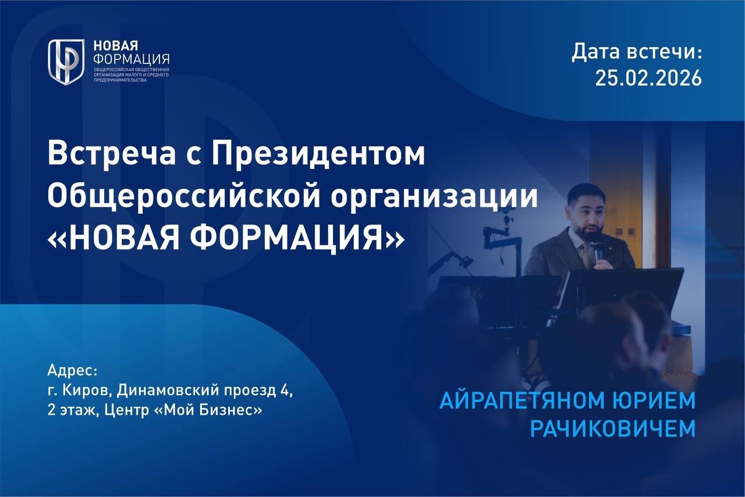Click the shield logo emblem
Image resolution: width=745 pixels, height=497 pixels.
[x=66, y=62]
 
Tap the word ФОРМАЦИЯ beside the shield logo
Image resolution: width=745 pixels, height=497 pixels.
[x=132, y=59]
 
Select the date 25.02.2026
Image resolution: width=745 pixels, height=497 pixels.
[x=648, y=78]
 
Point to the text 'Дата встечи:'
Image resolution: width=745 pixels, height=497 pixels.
[x=637, y=52]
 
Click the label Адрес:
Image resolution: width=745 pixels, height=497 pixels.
[x=73, y=371]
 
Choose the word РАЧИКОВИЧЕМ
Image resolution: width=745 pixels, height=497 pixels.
[x=613, y=429]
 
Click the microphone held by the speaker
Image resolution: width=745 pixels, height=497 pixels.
[x=598, y=252]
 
